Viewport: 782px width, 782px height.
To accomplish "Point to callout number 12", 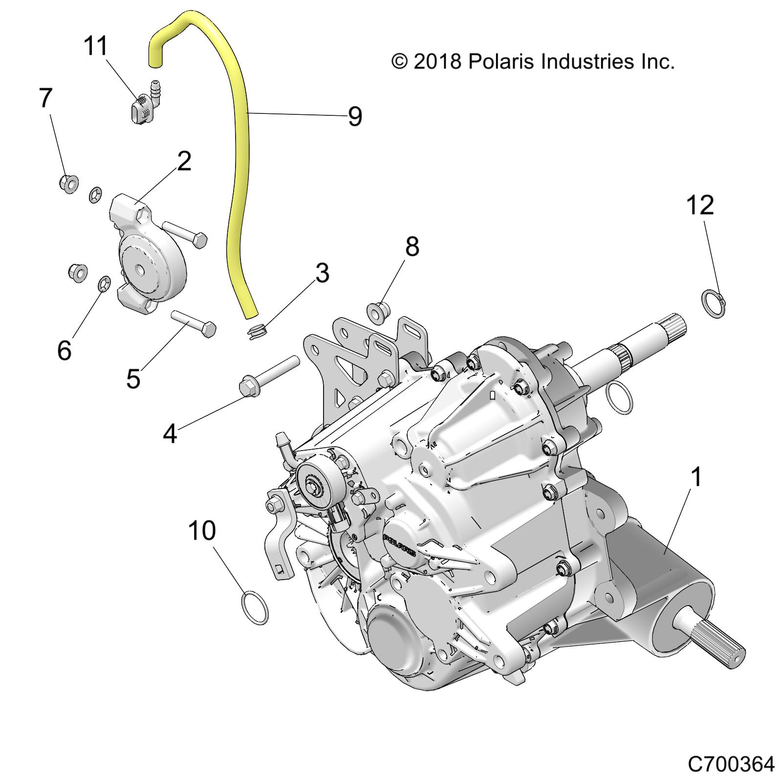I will tap(700, 205).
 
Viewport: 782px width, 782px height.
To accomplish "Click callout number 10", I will tap(202, 530).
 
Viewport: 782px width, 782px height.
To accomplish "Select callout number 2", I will tap(184, 161).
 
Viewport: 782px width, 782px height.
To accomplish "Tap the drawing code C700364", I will tap(731, 763).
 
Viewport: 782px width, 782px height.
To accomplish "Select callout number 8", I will tap(412, 247).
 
